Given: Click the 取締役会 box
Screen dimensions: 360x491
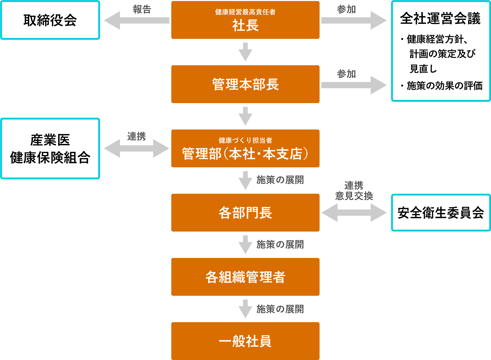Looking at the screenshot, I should (x=50, y=20).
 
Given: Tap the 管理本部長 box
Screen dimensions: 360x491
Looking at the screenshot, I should (x=245, y=84).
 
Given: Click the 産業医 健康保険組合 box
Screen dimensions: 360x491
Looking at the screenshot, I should (x=50, y=149).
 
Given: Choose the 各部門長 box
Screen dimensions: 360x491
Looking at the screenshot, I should (x=245, y=213).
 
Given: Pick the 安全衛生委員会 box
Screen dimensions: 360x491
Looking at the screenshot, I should (x=441, y=213).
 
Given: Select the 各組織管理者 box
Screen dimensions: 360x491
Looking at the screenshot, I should (x=245, y=277).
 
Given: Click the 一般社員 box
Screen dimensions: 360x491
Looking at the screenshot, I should (x=245, y=341).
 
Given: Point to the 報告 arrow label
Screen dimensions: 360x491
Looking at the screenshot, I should (x=142, y=9).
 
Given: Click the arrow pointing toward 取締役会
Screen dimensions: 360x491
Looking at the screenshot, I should (x=136, y=20).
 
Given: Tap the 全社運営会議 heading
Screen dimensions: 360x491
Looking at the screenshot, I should (x=440, y=19).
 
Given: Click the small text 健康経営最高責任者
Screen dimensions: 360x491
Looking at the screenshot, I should (x=245, y=12).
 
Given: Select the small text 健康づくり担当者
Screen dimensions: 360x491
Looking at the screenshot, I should (x=245, y=140).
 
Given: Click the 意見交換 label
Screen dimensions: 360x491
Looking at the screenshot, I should (x=354, y=196).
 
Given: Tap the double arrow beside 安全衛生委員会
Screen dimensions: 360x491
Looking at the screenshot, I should (x=354, y=213).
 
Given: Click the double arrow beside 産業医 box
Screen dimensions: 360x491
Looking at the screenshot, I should (x=136, y=148).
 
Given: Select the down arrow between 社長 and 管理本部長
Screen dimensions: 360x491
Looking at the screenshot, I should (x=245, y=52).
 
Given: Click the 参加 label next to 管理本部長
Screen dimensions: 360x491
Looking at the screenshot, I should (x=346, y=74).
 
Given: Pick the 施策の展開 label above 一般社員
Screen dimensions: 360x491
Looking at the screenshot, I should (x=280, y=309).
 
